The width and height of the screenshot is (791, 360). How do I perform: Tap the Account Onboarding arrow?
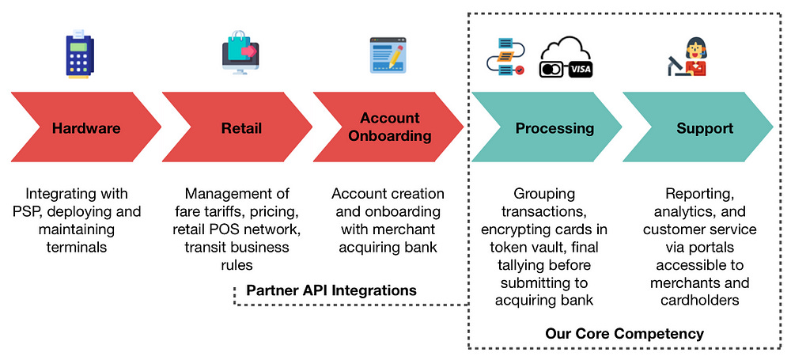click(x=388, y=128)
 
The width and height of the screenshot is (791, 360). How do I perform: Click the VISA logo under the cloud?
click(x=580, y=70)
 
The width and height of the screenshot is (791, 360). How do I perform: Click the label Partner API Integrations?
click(x=331, y=290)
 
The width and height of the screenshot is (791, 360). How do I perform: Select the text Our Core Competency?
click(x=624, y=333)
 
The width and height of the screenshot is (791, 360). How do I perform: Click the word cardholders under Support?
click(x=700, y=301)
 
